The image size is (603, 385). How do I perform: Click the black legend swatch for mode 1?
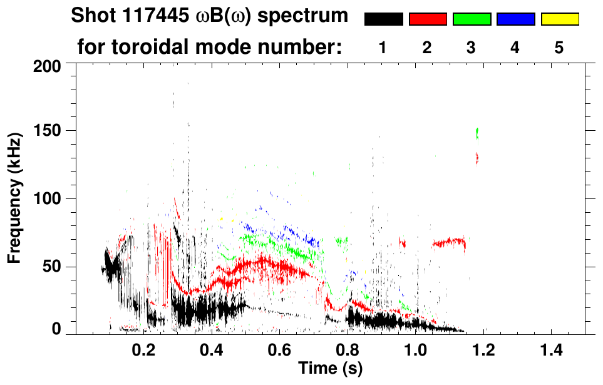[x=383, y=19]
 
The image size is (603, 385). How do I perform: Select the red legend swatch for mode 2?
[x=428, y=19]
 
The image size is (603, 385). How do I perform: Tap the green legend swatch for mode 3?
[x=472, y=19]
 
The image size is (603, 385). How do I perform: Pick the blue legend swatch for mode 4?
[x=515, y=19]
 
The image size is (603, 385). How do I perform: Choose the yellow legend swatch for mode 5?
[x=559, y=19]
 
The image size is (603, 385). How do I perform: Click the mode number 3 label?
[x=471, y=48]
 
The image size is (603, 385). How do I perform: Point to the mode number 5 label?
[x=559, y=48]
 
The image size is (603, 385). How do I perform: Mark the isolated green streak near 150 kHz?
[x=477, y=133]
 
